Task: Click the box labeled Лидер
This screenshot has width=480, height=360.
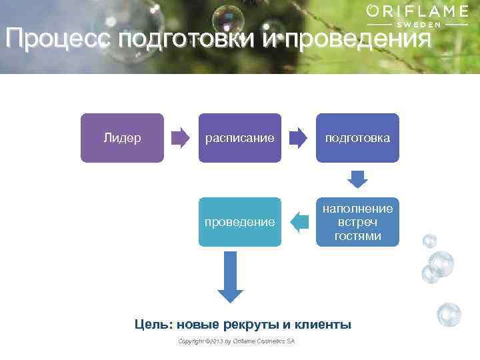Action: coord(122,138)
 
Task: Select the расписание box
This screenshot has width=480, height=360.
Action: coord(240,138)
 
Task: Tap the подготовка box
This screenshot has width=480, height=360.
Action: coord(357,138)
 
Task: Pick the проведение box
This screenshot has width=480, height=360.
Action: coord(240,222)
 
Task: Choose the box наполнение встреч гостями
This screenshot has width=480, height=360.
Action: coord(357,222)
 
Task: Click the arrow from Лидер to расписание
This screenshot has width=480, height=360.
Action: coord(180,138)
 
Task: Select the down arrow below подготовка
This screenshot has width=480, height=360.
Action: coord(358,179)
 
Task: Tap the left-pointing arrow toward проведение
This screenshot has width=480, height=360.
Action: coord(299,222)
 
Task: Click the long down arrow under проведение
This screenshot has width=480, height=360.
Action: coord(231,277)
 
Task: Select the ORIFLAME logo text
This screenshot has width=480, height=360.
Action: coord(417,11)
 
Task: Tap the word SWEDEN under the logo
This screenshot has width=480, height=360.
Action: coord(418,24)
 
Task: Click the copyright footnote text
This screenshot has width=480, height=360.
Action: coord(237,341)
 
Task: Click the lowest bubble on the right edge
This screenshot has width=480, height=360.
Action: coord(449,314)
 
